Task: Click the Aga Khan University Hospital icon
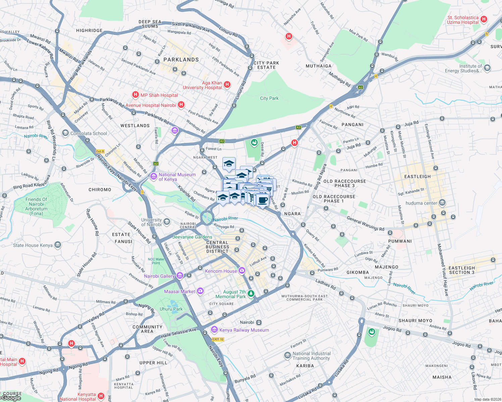(227, 84)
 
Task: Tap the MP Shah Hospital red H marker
(135, 95)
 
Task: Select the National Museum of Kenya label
(177, 177)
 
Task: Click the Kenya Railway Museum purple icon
(214, 330)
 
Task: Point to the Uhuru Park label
(171, 309)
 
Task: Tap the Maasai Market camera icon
(200, 291)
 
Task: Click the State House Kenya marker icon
(58, 245)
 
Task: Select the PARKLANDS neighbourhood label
(181, 60)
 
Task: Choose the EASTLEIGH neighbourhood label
(417, 177)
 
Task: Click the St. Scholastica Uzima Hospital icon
(484, 19)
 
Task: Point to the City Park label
(269, 98)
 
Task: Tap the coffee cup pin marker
(263, 200)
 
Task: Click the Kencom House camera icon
(242, 271)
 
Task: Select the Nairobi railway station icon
(259, 322)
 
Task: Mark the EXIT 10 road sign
(218, 339)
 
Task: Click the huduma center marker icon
(442, 203)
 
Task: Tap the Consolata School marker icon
(65, 133)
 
